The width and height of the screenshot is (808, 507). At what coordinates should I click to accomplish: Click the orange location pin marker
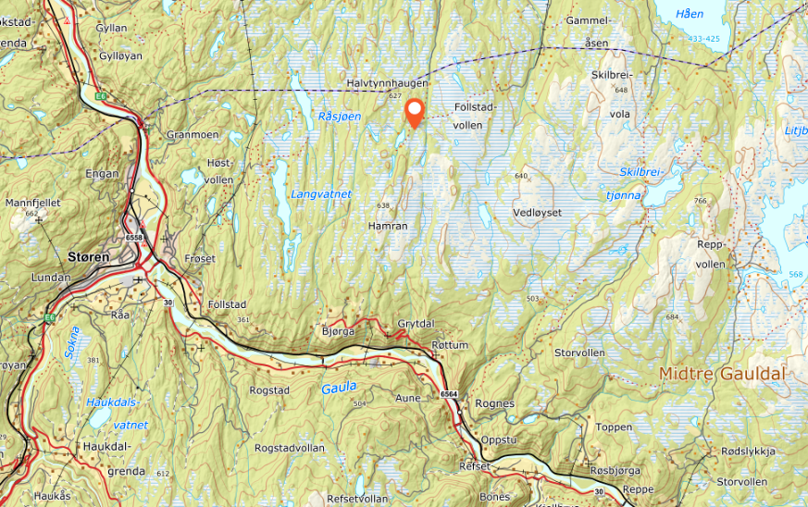[415, 112]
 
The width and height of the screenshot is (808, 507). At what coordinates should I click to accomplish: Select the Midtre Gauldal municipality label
[722, 374]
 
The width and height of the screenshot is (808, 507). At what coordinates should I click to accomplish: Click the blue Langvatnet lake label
[320, 194]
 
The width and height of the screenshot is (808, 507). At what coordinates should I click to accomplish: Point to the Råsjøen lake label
[339, 116]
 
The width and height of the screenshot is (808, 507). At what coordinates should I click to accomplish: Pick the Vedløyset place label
[537, 212]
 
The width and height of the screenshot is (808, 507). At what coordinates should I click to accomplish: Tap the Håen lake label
[690, 13]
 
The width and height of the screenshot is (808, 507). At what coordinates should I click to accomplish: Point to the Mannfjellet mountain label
[32, 201]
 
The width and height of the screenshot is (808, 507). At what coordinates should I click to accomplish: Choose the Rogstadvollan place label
[289, 447]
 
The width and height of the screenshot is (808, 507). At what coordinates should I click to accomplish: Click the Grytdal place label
[416, 324]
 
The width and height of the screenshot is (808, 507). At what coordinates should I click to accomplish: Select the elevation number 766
[700, 201]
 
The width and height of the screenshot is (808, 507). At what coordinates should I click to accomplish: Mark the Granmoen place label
[192, 134]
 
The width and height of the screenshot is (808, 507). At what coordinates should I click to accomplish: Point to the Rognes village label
[494, 403]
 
